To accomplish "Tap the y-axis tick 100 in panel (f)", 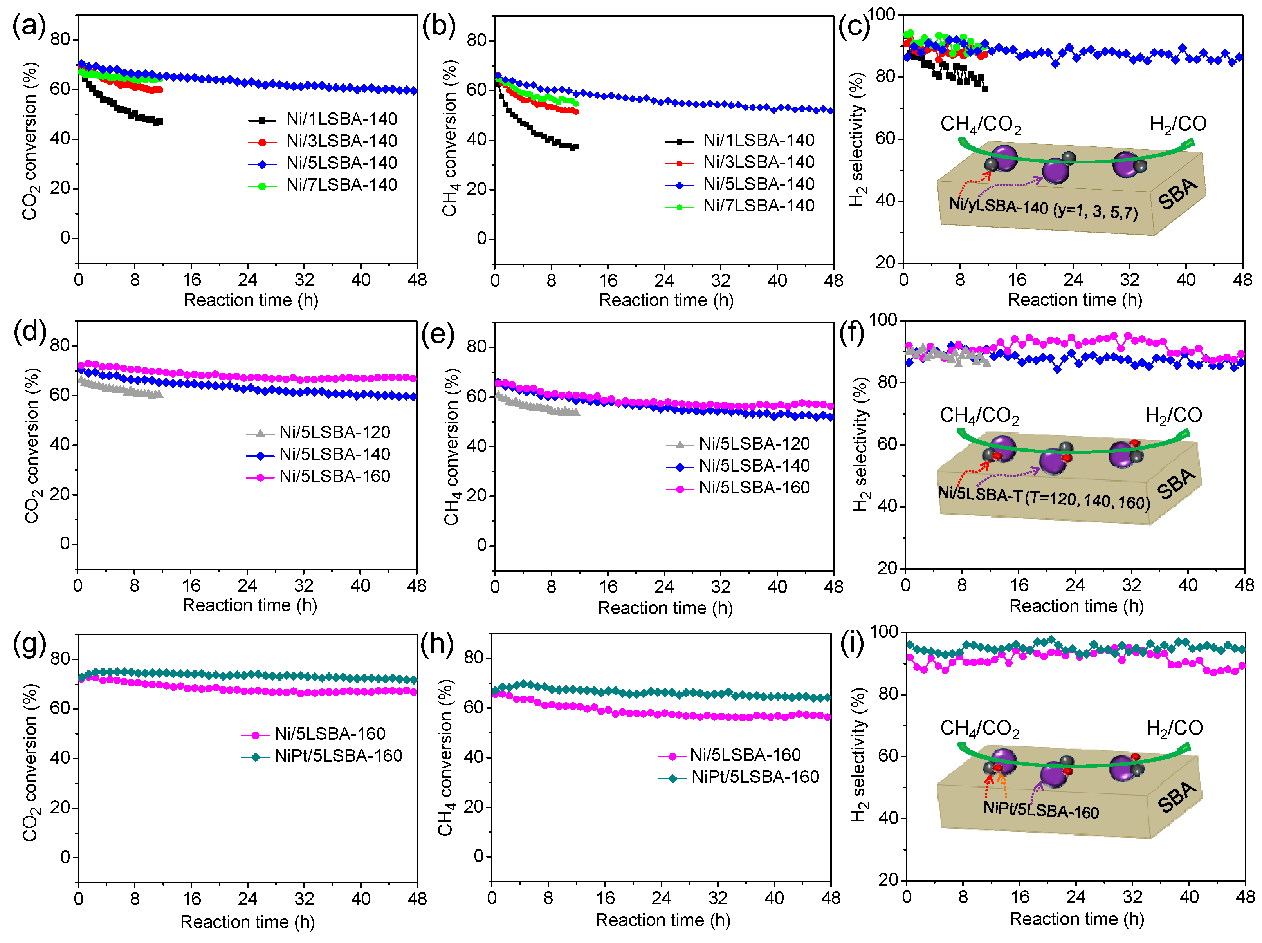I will pyautogui.click(x=883, y=320).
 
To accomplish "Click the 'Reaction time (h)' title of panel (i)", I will pyautogui.click(x=1076, y=920).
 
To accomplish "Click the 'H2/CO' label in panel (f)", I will pyautogui.click(x=1174, y=415).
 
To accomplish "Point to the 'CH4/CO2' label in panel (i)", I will pyautogui.click(x=980, y=729).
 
